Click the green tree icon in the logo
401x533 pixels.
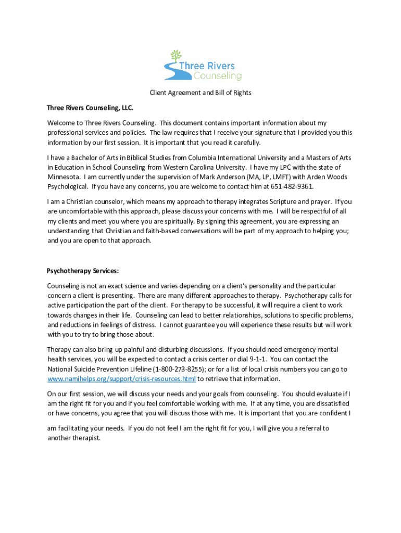(177, 56)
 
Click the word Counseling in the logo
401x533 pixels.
(218, 76)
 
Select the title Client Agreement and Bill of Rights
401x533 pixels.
(200, 93)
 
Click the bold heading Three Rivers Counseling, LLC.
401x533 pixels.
(90, 108)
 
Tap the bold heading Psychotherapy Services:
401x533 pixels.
(83, 271)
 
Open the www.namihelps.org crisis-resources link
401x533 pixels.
(121, 379)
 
